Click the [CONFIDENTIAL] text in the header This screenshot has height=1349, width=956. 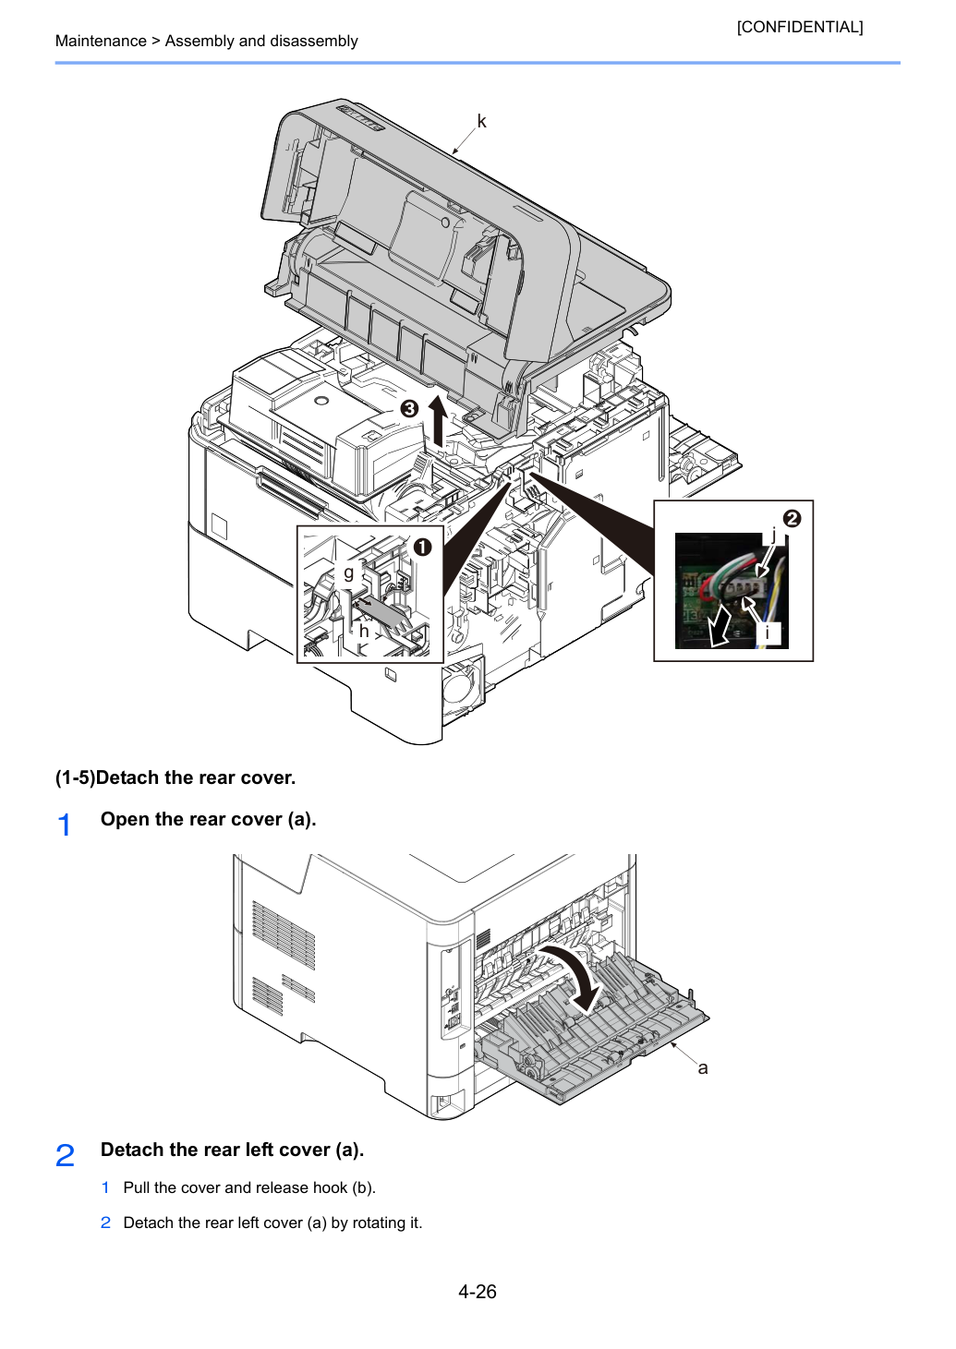pyautogui.click(x=799, y=27)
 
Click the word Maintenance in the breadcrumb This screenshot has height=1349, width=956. pyautogui.click(x=101, y=41)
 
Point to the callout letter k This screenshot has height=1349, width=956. pyautogui.click(x=481, y=121)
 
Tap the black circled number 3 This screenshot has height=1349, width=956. pyautogui.click(x=409, y=410)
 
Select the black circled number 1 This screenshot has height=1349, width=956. pyautogui.click(x=422, y=547)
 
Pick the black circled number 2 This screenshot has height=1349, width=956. pyautogui.click(x=792, y=519)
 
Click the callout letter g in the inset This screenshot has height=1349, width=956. pyautogui.click(x=349, y=572)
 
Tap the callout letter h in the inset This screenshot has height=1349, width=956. pyautogui.click(x=364, y=631)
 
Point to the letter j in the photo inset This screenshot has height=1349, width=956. pyautogui.click(x=773, y=535)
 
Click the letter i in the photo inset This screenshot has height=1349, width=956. pyautogui.click(x=767, y=632)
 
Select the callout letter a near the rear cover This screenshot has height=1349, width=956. pyautogui.click(x=702, y=1068)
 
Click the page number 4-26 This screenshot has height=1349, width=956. pyautogui.click(x=478, y=1292)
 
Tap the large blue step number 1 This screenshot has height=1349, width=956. pyautogui.click(x=65, y=825)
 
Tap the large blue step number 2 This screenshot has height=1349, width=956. pyautogui.click(x=65, y=1155)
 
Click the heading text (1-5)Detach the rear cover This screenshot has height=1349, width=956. pyautogui.click(x=175, y=777)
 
